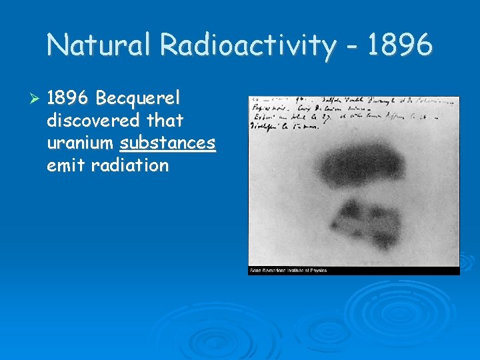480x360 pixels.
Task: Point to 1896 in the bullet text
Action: pyautogui.click(x=68, y=99)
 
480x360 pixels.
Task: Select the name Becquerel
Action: pyautogui.click(x=138, y=99)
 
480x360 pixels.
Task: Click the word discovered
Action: pyautogui.click(x=93, y=121)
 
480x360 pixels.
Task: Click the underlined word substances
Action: pyautogui.click(x=167, y=143)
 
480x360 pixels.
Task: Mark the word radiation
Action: pyautogui.click(x=129, y=165)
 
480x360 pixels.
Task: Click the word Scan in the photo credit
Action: pyautogui.click(x=255, y=271)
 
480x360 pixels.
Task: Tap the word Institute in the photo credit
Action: pyautogui.click(x=293, y=271)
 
